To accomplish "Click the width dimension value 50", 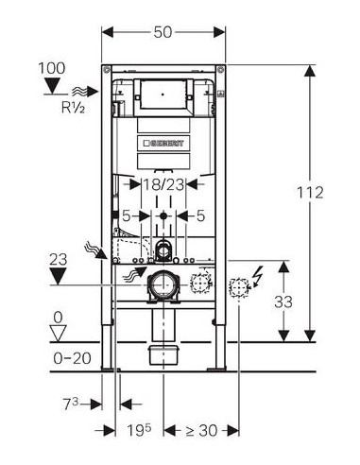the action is point(163,32).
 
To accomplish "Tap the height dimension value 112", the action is point(311,193).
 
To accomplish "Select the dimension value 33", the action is point(283,301).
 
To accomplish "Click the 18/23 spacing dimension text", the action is point(163,184).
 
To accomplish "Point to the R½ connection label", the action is point(73,108).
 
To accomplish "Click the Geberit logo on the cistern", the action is point(163,144).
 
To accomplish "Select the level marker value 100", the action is point(52,68).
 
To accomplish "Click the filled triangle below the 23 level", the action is point(59,276).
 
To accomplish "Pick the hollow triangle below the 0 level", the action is point(59,333).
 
